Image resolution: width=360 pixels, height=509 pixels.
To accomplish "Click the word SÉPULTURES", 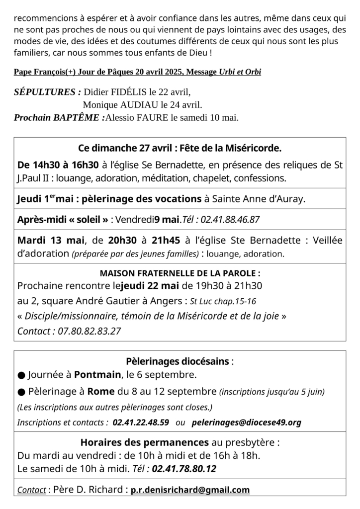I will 47,92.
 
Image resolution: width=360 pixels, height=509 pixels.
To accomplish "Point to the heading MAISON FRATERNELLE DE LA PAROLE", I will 180,273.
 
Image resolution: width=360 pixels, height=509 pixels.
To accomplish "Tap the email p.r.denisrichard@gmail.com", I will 190,490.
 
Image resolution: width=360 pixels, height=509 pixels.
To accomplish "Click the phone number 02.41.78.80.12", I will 184,468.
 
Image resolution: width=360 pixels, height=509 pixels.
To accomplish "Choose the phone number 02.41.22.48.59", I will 141,423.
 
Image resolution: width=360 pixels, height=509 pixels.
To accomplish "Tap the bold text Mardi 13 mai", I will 51,241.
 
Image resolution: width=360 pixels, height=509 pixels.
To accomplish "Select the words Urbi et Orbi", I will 240,72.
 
